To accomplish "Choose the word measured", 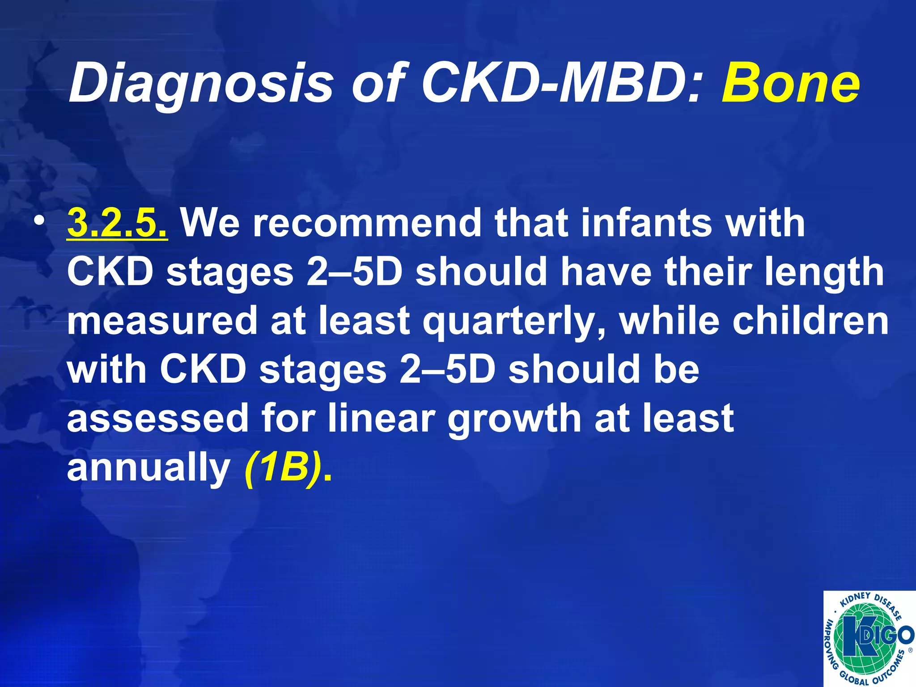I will coord(162,321).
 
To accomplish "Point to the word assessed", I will coord(157,418).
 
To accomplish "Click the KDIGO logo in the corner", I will coord(869,638).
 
